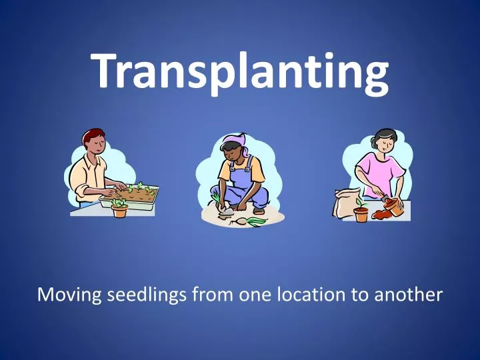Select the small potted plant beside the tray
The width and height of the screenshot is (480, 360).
click(x=119, y=209)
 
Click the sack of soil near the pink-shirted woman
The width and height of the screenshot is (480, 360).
click(x=346, y=201)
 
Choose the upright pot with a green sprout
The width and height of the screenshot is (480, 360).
click(x=361, y=212)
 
